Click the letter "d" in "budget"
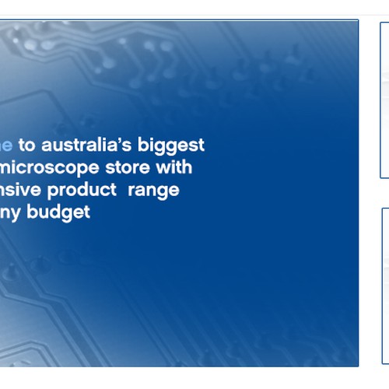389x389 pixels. [54, 212]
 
